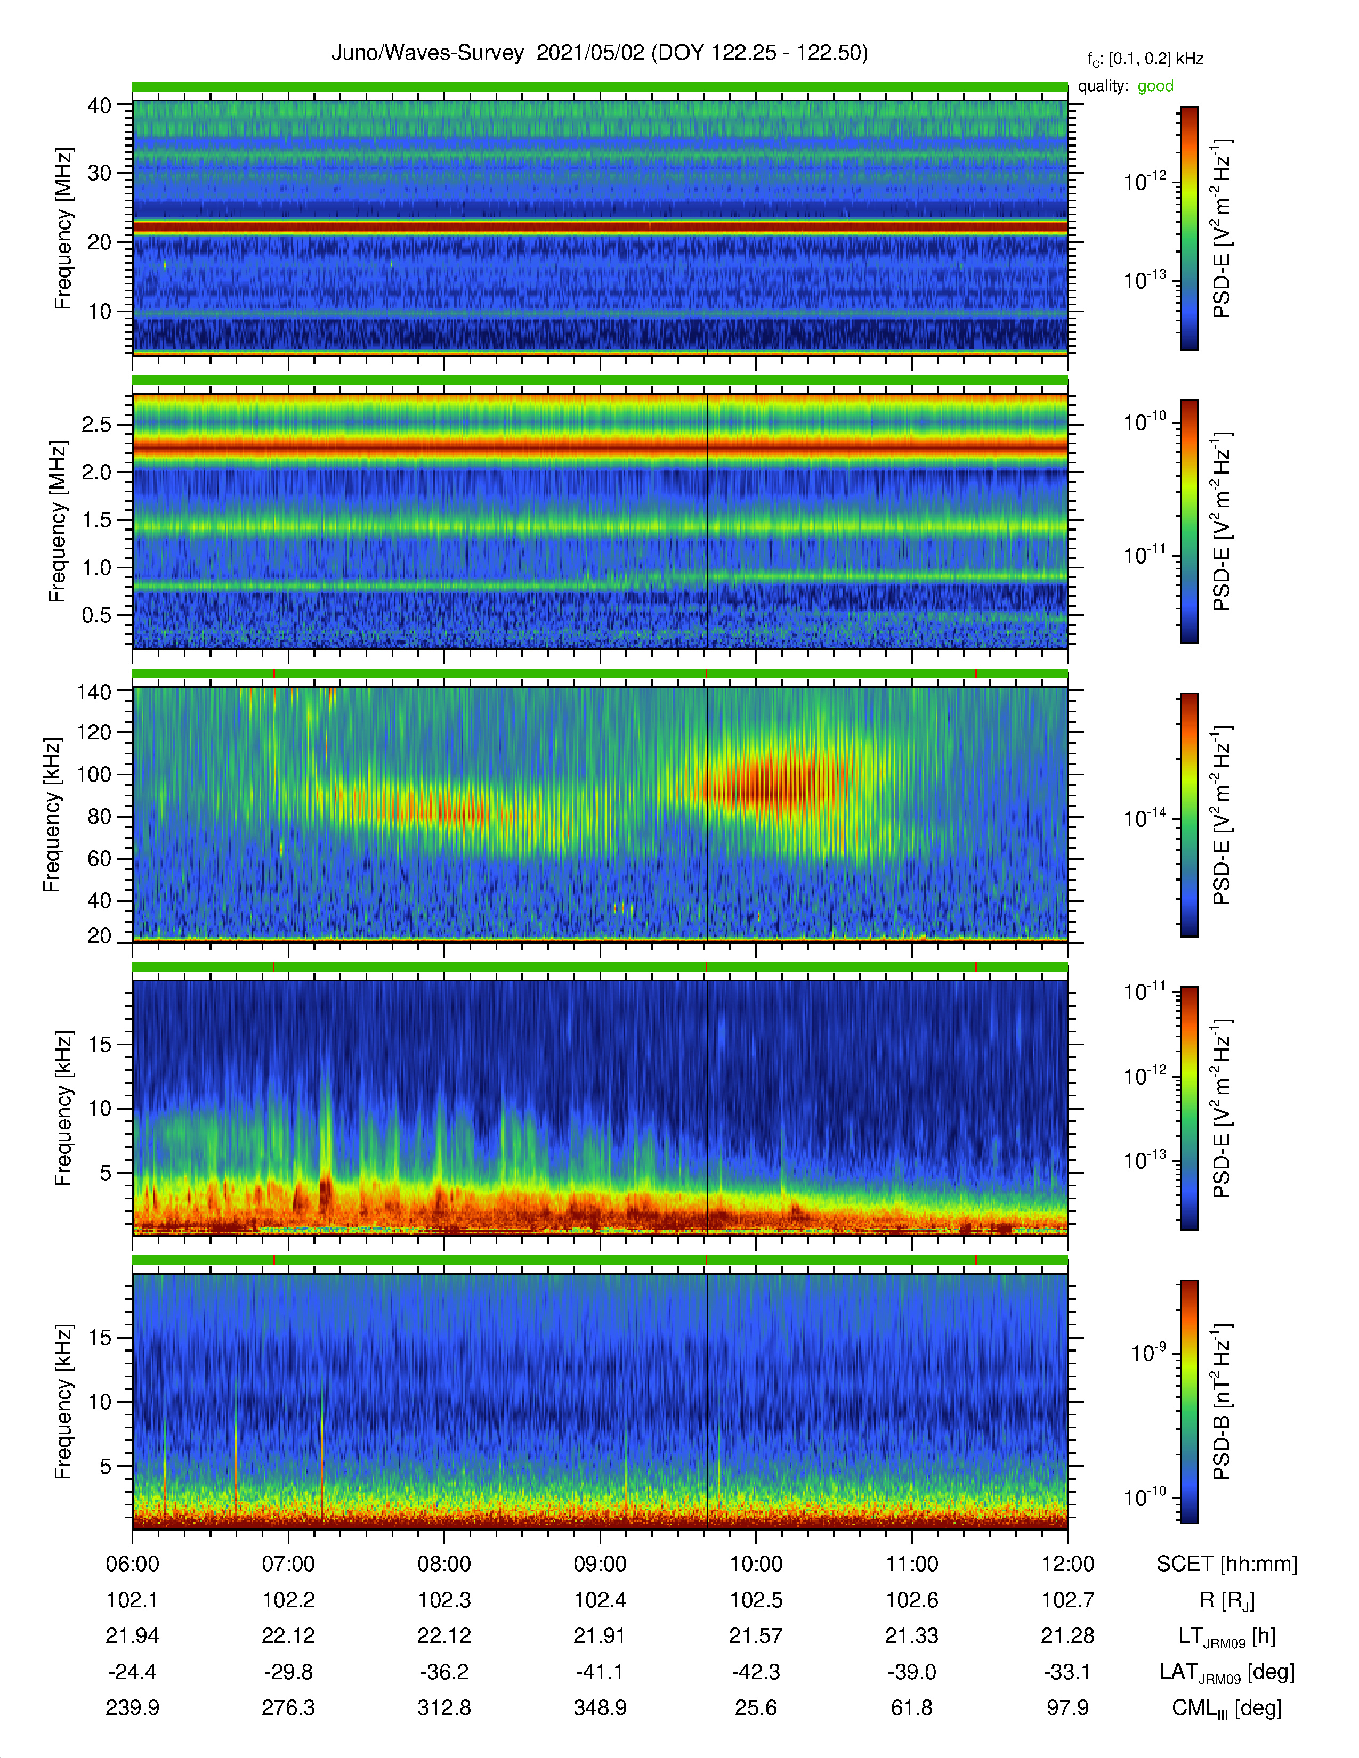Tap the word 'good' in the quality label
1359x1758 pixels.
click(1155, 86)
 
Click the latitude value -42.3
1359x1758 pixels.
click(756, 1672)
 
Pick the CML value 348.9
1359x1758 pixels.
click(600, 1707)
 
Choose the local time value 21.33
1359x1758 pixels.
click(911, 1635)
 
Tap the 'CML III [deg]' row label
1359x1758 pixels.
click(1227, 1708)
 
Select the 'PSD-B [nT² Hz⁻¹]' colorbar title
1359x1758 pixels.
click(1222, 1402)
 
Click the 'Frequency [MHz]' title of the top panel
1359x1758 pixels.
click(63, 229)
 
